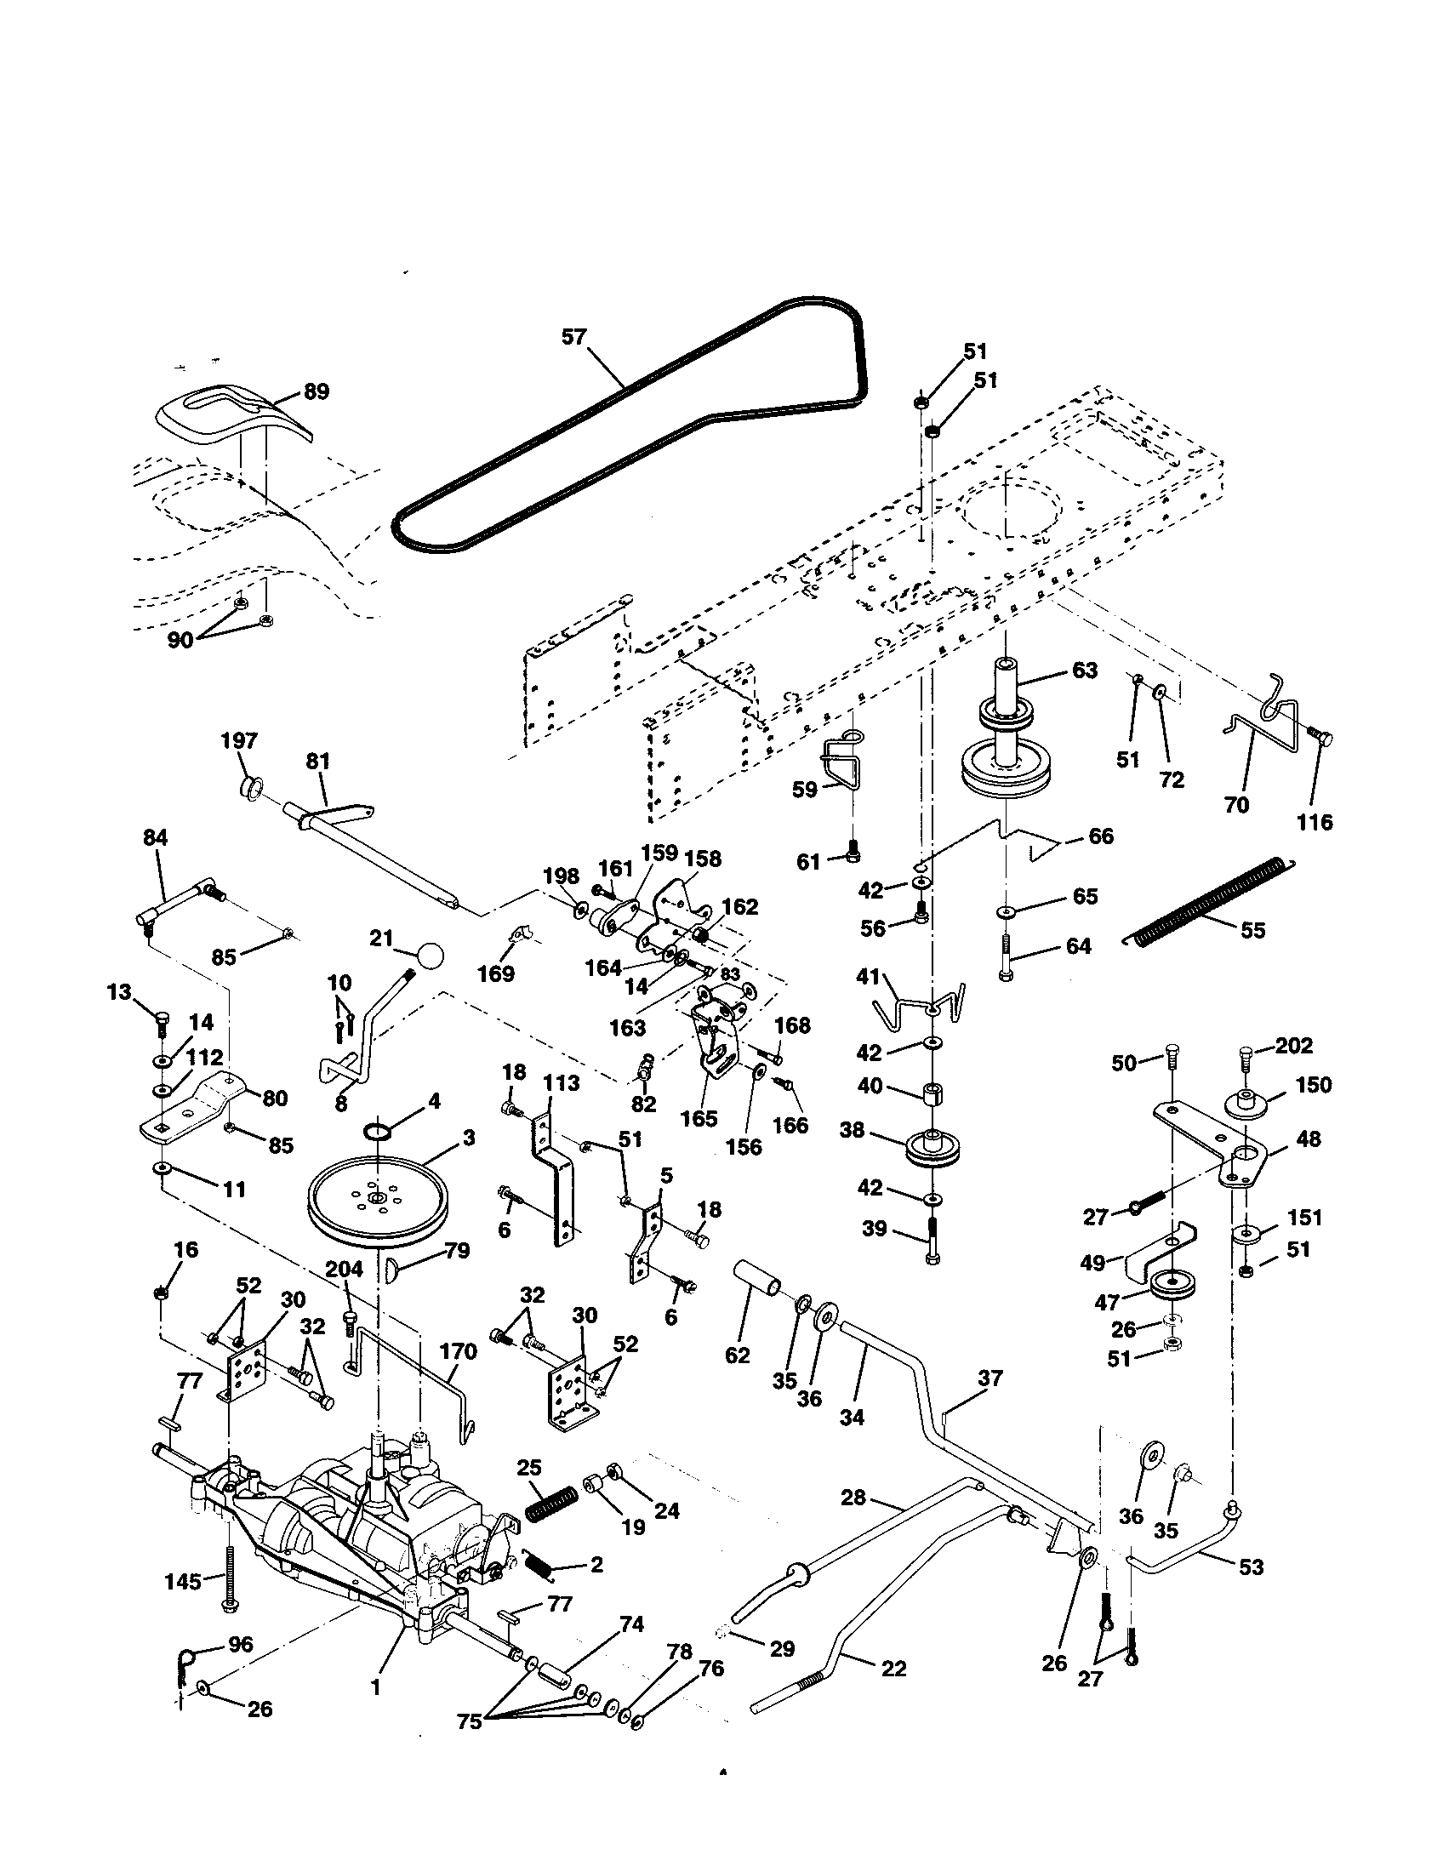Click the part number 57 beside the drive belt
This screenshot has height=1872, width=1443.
(x=573, y=337)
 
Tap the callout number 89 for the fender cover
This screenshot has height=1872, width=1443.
(x=317, y=391)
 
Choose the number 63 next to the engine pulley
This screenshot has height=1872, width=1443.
(x=1084, y=671)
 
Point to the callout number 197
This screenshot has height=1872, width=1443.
(x=239, y=740)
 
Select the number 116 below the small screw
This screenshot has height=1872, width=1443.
(x=1315, y=822)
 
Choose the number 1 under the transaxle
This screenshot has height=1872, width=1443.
(x=374, y=1686)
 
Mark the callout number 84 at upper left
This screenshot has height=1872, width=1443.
(x=155, y=837)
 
